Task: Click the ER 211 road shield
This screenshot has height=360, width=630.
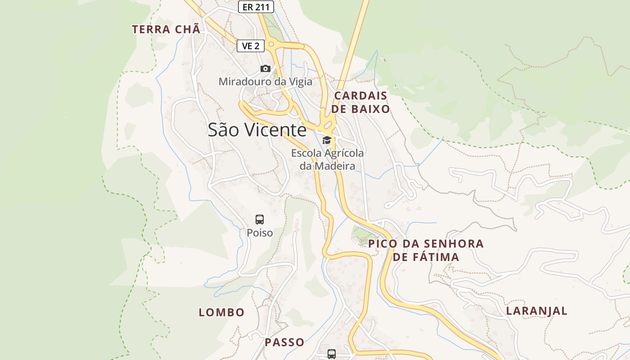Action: pos(256,7)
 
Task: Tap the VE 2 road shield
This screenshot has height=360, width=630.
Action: pos(251,45)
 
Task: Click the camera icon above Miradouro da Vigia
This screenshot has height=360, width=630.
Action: pos(265,69)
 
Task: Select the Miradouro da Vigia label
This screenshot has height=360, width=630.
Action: pos(265,82)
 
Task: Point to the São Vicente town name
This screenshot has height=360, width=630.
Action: pos(257,130)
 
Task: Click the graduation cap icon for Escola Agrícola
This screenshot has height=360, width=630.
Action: pos(327,140)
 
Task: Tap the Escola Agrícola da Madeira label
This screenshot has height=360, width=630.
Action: pos(328,159)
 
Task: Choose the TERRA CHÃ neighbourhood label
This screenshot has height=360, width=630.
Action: pos(166,30)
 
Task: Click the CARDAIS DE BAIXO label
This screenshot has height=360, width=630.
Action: pos(361,102)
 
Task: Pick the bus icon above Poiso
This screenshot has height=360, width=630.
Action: pos(260,220)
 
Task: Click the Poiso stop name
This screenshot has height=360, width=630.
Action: pos(260,233)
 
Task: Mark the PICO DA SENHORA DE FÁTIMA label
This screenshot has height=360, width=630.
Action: pos(426,250)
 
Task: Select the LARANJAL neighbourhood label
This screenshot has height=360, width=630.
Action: pos(537,311)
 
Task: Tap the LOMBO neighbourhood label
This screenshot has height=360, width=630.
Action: pos(222,312)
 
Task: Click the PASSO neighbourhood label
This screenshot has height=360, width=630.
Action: pos(284,342)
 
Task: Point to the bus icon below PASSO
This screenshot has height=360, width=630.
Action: pos(332,354)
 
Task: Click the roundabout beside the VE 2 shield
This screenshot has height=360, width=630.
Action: pos(271,45)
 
